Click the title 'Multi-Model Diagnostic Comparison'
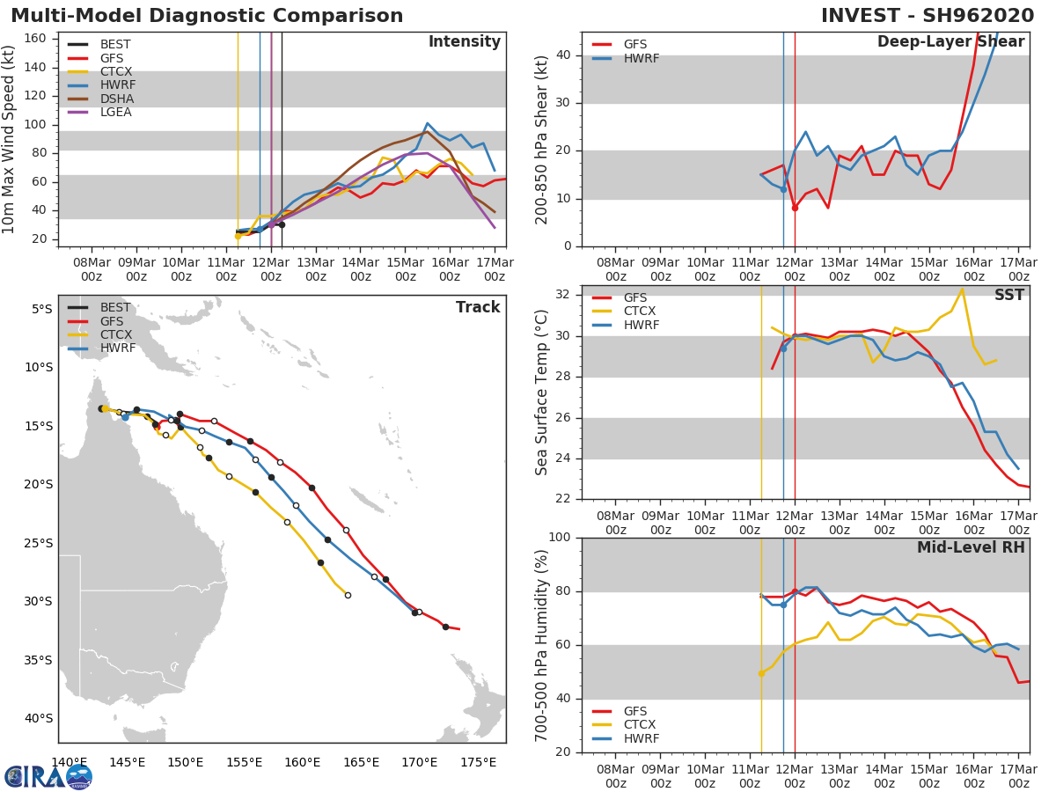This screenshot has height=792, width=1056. click(207, 16)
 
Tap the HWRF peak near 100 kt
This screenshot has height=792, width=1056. click(428, 123)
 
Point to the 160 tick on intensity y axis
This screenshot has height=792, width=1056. click(39, 38)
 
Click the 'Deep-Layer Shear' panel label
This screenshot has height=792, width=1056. click(950, 42)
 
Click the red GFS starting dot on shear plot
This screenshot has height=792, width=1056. click(795, 208)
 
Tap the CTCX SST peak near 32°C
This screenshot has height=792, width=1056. click(962, 289)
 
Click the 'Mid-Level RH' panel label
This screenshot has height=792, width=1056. click(971, 547)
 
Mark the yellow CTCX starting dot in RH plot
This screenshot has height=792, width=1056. click(761, 673)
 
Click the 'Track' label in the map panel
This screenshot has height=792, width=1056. click(477, 307)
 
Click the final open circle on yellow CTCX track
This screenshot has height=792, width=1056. click(348, 595)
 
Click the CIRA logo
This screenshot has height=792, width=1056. click(48, 776)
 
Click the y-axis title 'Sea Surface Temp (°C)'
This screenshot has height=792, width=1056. click(542, 392)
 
